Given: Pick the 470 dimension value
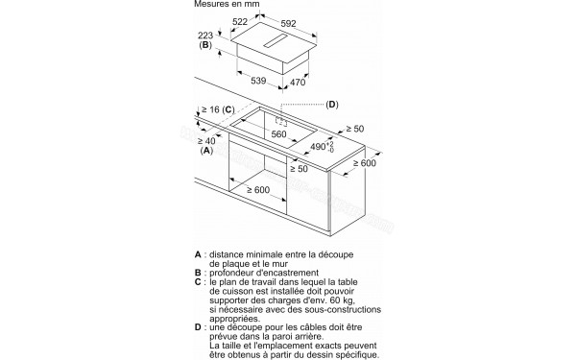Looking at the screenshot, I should (297, 83).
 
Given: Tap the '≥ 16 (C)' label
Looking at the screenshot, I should (216, 109).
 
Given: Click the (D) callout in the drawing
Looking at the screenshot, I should (332, 104).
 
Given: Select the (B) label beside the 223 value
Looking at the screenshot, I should (204, 45).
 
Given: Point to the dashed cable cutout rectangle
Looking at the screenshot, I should (282, 121).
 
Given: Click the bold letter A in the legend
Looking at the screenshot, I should (199, 256).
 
